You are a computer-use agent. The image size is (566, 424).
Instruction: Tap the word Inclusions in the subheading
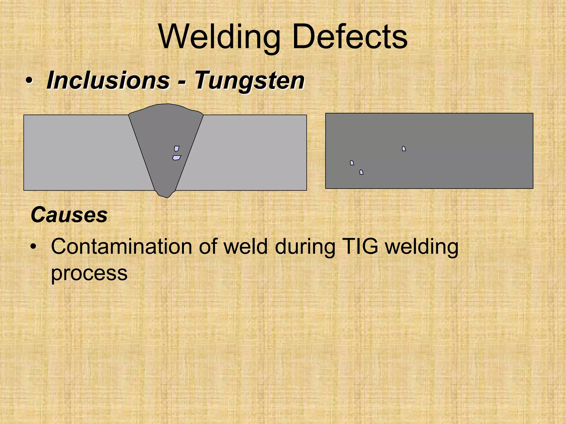point(108,80)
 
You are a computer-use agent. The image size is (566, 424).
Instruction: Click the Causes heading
point(69,215)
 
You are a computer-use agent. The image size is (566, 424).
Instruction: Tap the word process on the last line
point(89,273)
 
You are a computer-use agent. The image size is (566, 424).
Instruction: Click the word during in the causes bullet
point(305,247)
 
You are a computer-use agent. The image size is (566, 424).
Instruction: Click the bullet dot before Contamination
point(33,247)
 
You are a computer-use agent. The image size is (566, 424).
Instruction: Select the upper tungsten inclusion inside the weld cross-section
point(177,149)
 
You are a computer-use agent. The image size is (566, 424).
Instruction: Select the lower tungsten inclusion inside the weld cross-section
point(177,158)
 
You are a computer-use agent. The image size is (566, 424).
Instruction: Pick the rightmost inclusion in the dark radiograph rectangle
point(404,149)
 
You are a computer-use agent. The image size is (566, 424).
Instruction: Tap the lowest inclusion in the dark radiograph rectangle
point(361,172)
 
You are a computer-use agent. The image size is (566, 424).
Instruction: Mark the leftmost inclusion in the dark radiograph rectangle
point(352,163)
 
